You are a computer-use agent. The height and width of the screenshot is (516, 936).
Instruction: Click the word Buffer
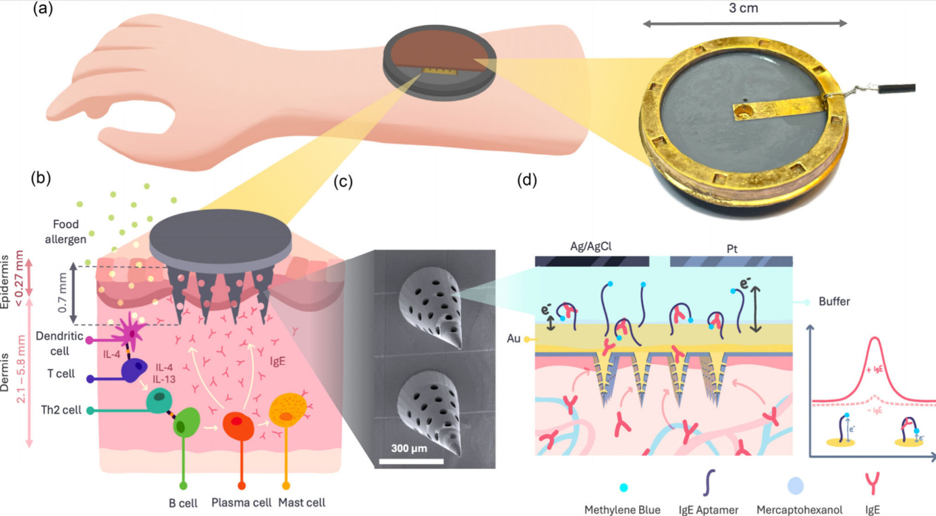coord(833,302)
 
